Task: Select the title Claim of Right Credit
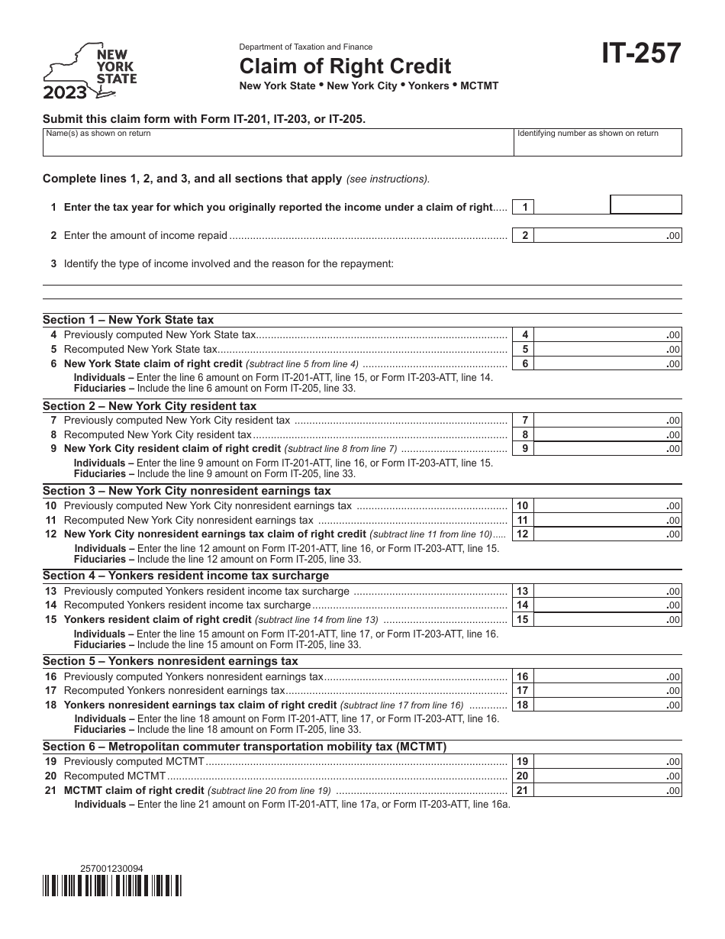tap(346, 66)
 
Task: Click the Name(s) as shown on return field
tap(278, 142)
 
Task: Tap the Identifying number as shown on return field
tap(598, 142)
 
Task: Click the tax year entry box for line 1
tap(646, 205)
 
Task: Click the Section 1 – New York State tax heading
tap(128, 320)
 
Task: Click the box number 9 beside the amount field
tap(524, 449)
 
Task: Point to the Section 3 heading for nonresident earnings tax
tap(187, 491)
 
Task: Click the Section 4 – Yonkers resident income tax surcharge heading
tap(185, 576)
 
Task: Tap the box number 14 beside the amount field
tap(523, 605)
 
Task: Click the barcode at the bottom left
tap(112, 885)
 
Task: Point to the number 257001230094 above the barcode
tap(111, 868)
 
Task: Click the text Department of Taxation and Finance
tap(306, 47)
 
